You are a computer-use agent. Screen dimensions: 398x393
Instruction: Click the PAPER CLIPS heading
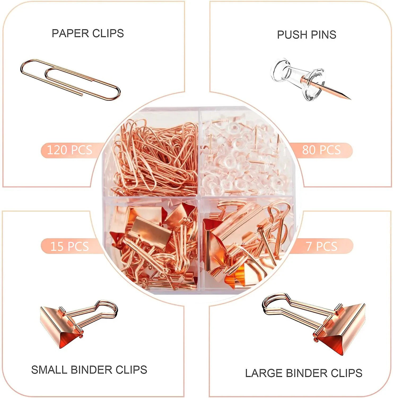(88, 33)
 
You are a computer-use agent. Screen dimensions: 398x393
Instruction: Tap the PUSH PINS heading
(307, 35)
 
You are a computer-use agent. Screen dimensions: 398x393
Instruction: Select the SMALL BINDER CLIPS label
(89, 370)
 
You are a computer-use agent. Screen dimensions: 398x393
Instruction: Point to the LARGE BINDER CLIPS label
(304, 373)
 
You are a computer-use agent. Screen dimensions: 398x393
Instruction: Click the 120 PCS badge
(69, 150)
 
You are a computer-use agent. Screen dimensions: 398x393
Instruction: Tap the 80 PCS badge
(321, 150)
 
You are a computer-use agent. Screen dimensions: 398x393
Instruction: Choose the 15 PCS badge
(69, 246)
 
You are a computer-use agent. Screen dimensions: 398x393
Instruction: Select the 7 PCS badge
(321, 246)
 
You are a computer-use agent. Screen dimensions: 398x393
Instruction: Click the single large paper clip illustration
(70, 79)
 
